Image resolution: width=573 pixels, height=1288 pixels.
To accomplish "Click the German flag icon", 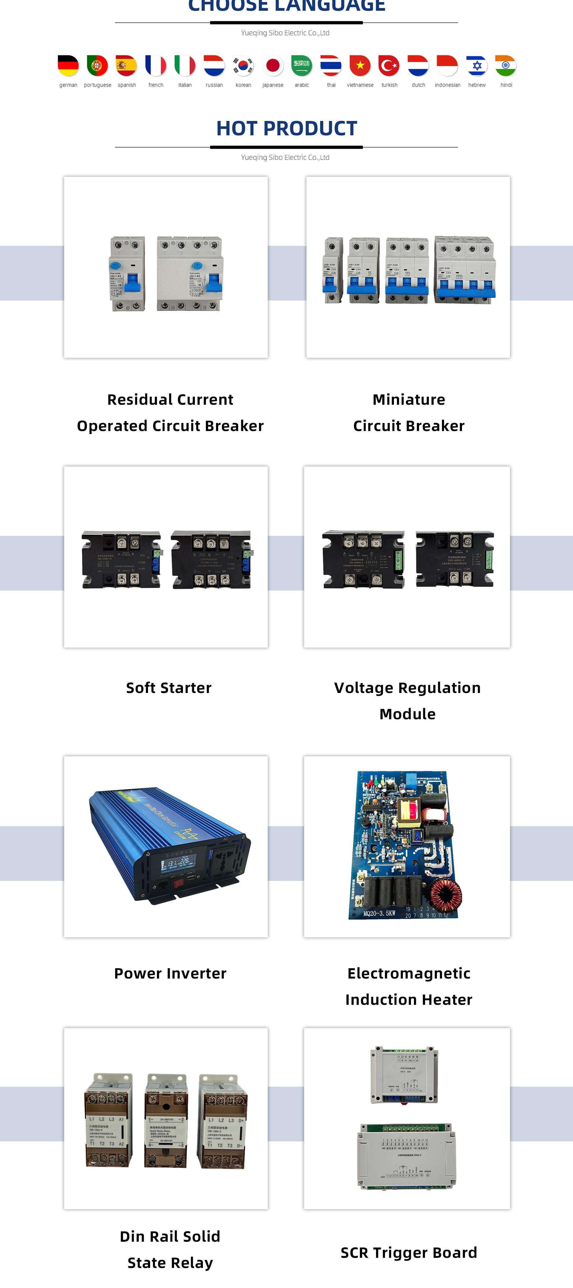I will point(68,65).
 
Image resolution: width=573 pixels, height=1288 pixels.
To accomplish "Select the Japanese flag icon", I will point(273,65).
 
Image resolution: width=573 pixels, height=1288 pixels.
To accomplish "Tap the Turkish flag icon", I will point(389,65).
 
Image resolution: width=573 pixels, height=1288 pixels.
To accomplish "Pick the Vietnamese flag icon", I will point(360,65).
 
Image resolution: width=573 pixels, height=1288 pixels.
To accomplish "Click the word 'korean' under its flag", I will point(243,85).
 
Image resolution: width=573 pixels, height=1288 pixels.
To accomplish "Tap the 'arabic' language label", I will point(302,85).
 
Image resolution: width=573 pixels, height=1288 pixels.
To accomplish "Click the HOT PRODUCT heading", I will point(287,128).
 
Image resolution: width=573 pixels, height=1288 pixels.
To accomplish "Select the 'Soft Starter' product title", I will point(169,688).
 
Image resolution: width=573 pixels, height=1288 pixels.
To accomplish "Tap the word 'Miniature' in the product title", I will point(409,399).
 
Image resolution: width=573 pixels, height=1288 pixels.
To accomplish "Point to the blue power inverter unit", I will point(170,845).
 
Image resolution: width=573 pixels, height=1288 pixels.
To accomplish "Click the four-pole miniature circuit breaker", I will point(465,270).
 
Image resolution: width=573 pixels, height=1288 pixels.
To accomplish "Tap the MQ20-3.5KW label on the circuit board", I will point(379,913).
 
